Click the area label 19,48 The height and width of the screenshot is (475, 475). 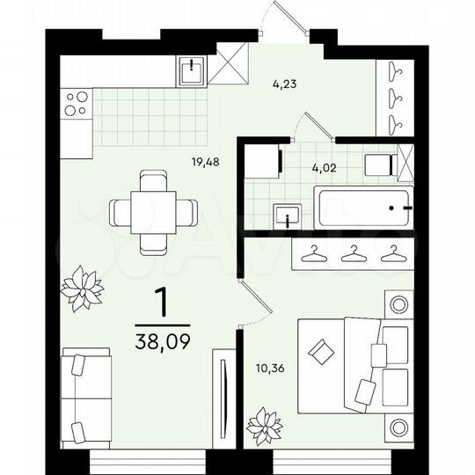206,161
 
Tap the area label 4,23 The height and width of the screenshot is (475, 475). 283,85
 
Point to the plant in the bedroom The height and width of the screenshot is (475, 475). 265,427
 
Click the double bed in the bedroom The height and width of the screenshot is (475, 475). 352,366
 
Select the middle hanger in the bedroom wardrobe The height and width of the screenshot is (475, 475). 353,253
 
